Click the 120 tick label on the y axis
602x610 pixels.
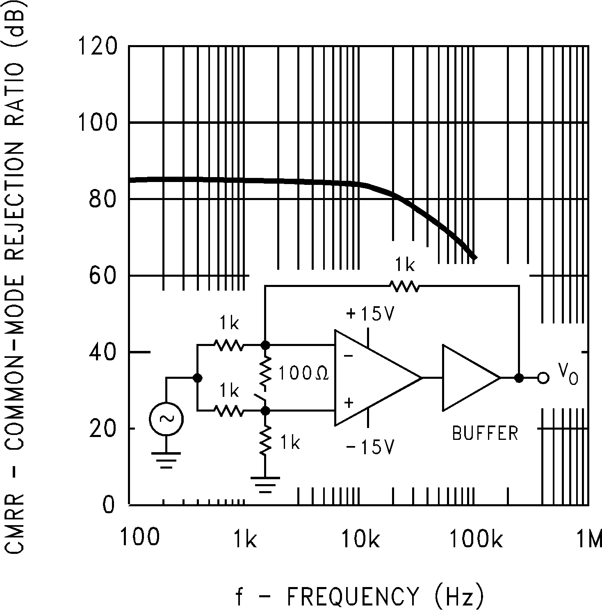pyautogui.click(x=97, y=46)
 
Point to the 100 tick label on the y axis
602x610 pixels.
pyautogui.click(x=97, y=123)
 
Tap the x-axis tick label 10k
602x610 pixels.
pyautogui.click(x=360, y=538)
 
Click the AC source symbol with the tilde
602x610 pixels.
pyautogui.click(x=166, y=419)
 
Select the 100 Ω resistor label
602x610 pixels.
pyautogui.click(x=303, y=374)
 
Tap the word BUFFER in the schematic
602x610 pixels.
pyautogui.click(x=485, y=433)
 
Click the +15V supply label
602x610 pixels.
pyautogui.click(x=370, y=314)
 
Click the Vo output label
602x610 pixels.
pyautogui.click(x=568, y=374)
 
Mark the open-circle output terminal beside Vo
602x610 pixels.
pyautogui.click(x=543, y=378)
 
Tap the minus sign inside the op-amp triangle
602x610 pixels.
pyautogui.click(x=348, y=356)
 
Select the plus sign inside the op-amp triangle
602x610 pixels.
pyautogui.click(x=349, y=403)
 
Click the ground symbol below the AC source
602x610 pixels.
pyautogui.click(x=166, y=460)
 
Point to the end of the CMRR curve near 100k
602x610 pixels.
pyautogui.click(x=474, y=257)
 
